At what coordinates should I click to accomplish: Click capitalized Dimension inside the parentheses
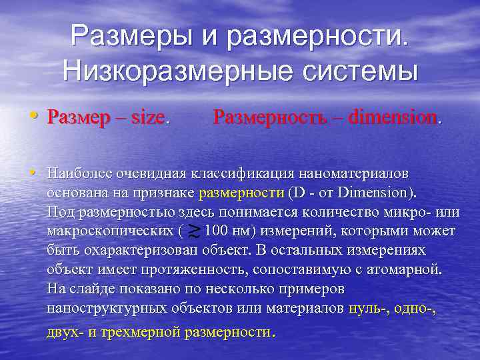(x=375, y=193)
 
